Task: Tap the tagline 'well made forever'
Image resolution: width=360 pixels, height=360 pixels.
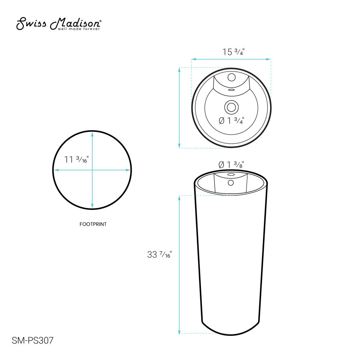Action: pyautogui.click(x=79, y=29)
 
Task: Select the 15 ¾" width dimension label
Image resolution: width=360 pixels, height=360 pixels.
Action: pyautogui.click(x=233, y=52)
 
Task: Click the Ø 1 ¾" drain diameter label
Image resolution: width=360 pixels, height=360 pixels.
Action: pyautogui.click(x=231, y=121)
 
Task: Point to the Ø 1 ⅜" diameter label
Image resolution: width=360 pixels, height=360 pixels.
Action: pyautogui.click(x=231, y=165)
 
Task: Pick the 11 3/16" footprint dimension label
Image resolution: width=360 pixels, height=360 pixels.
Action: pyautogui.click(x=76, y=159)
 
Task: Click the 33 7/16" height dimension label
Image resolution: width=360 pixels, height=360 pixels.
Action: pyautogui.click(x=159, y=255)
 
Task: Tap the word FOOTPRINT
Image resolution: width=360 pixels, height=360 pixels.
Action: pyautogui.click(x=93, y=224)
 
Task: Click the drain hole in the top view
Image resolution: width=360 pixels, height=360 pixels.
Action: pyautogui.click(x=231, y=107)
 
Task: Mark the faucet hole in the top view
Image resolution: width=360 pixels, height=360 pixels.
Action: pyautogui.click(x=231, y=77)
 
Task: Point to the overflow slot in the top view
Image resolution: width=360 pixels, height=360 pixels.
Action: pyautogui.click(x=231, y=90)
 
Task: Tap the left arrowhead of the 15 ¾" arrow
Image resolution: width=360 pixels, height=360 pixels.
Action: pyautogui.click(x=193, y=59)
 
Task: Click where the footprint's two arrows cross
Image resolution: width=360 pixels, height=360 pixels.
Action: pyautogui.click(x=93, y=170)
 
